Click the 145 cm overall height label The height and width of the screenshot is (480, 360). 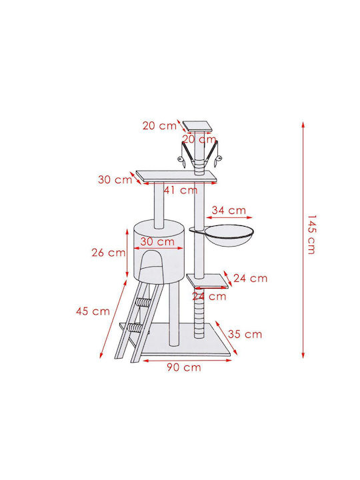[311, 235]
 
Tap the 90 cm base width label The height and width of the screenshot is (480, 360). [184, 367]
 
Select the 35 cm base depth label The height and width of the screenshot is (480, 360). [245, 334]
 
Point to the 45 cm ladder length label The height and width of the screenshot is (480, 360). [93, 311]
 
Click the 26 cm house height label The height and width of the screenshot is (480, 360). [109, 253]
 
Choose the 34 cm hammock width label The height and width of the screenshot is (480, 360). [229, 210]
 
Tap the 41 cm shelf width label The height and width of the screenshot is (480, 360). [181, 190]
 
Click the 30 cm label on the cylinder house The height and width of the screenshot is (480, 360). [157, 241]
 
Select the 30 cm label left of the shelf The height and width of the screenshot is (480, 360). [115, 179]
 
